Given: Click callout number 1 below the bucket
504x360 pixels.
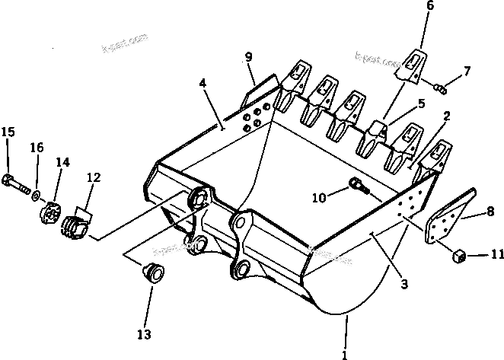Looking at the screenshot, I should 345,353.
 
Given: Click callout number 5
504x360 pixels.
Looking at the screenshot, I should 420,104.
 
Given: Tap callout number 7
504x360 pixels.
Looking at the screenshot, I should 467,72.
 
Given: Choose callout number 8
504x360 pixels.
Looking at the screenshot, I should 490,217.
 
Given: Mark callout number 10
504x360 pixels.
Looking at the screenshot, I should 320,198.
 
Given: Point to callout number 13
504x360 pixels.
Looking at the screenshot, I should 144,334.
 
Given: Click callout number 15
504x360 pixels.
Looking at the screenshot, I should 8,132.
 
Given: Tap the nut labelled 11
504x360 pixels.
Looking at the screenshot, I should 460,255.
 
